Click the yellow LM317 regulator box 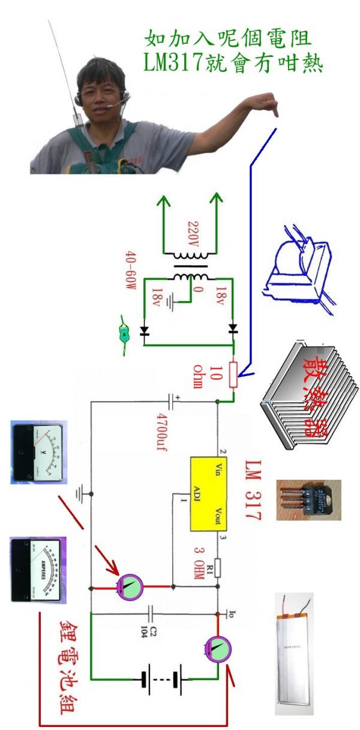[x=206, y=494]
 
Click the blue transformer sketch [x=298, y=266]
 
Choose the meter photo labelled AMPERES [x=40, y=569]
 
